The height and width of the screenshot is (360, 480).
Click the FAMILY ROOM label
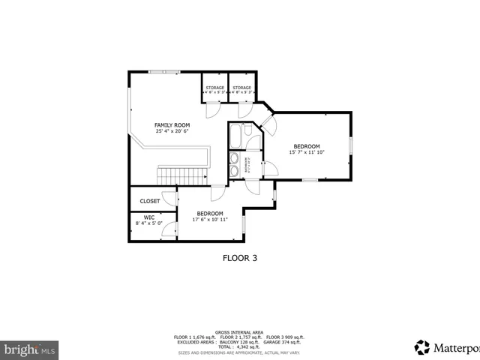coord(172,124)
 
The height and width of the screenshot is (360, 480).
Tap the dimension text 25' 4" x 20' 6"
coord(172,131)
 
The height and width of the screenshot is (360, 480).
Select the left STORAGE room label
coord(214,88)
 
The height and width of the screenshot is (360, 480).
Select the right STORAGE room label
coord(241,88)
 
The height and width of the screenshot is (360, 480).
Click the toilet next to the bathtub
coord(253,142)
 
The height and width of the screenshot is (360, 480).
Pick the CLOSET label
coord(150,201)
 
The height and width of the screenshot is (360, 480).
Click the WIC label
coord(148,217)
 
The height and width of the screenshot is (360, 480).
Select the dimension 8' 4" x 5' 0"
coord(148,223)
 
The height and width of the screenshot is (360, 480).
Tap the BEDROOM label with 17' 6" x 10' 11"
coord(209,213)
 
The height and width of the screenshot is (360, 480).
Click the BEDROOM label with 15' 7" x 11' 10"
coord(306,145)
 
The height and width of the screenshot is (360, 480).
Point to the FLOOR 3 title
coord(240,257)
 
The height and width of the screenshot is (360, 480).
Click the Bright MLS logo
coord(29,349)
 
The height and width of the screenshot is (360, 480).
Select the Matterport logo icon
coord(422,346)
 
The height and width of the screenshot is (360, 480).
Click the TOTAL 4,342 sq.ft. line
coord(239,346)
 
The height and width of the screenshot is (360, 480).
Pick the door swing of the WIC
coord(170,229)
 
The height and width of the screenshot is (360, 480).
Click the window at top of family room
coord(164,72)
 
